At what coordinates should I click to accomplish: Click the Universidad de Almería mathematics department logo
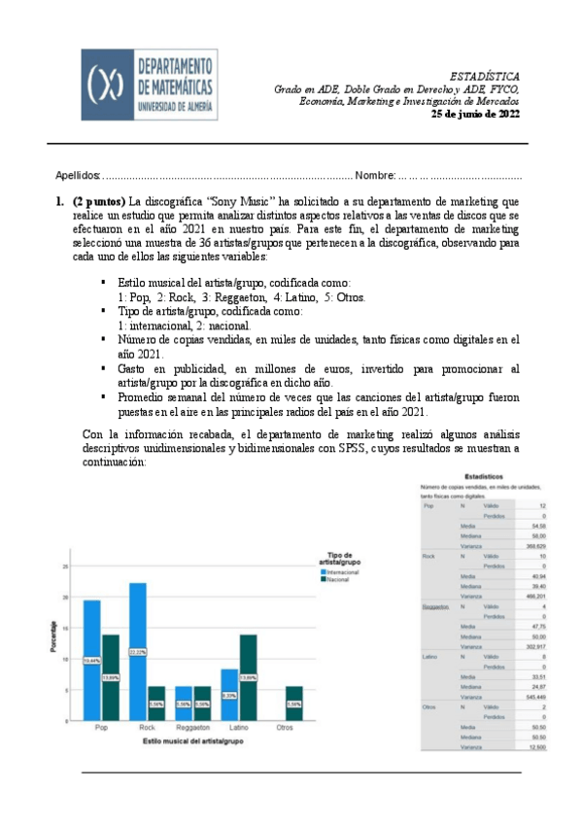click(149, 86)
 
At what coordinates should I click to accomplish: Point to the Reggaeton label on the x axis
click(191, 728)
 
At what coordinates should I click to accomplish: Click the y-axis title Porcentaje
click(53, 635)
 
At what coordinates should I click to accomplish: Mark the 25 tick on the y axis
click(65, 566)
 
